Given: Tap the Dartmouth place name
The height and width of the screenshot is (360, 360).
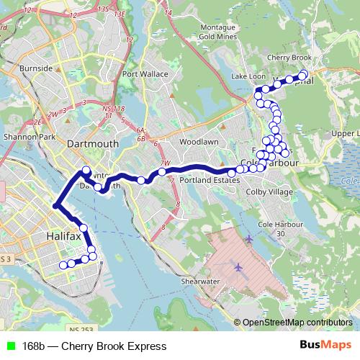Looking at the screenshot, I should pyautogui.click(x=92, y=144).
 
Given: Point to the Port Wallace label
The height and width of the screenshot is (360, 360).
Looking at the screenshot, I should pyautogui.click(x=145, y=73).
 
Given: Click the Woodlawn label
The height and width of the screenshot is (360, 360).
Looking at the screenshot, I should pyautogui.click(x=199, y=142).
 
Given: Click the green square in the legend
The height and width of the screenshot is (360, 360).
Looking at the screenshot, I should pyautogui.click(x=9, y=346).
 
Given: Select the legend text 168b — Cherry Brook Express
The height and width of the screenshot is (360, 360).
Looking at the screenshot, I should pyautogui.click(x=89, y=346).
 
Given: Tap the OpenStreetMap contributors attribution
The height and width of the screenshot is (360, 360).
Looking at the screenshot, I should pyautogui.click(x=297, y=322).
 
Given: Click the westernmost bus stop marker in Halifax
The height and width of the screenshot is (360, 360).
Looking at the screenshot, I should pyautogui.click(x=63, y=265).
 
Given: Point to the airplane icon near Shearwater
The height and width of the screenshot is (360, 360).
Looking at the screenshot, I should pyautogui.click(x=238, y=268).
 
